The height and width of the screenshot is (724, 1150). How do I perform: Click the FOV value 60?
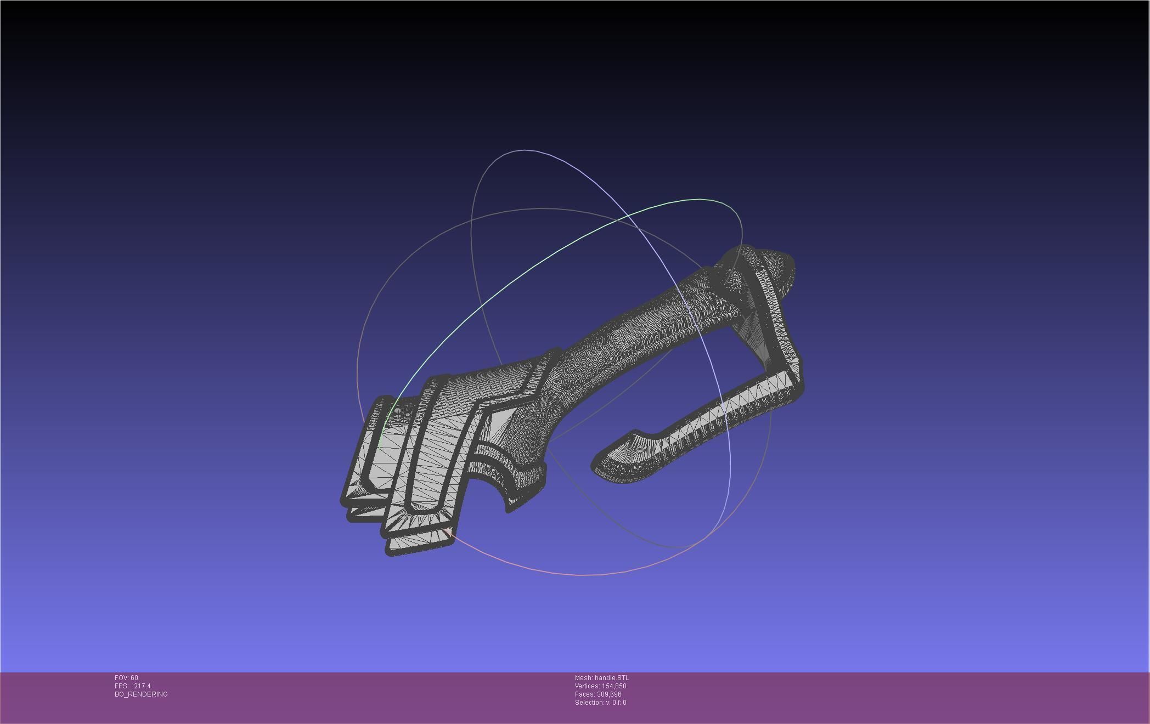pos(134,678)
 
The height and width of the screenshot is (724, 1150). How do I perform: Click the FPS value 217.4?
pos(142,686)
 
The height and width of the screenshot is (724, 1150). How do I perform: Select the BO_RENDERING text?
pos(141,694)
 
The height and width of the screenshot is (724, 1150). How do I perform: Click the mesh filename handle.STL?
pos(612,678)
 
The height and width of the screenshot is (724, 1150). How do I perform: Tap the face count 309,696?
pos(609,694)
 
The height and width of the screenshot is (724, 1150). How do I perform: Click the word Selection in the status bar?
pos(588,703)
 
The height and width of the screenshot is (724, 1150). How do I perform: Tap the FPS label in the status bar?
pos(121,686)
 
